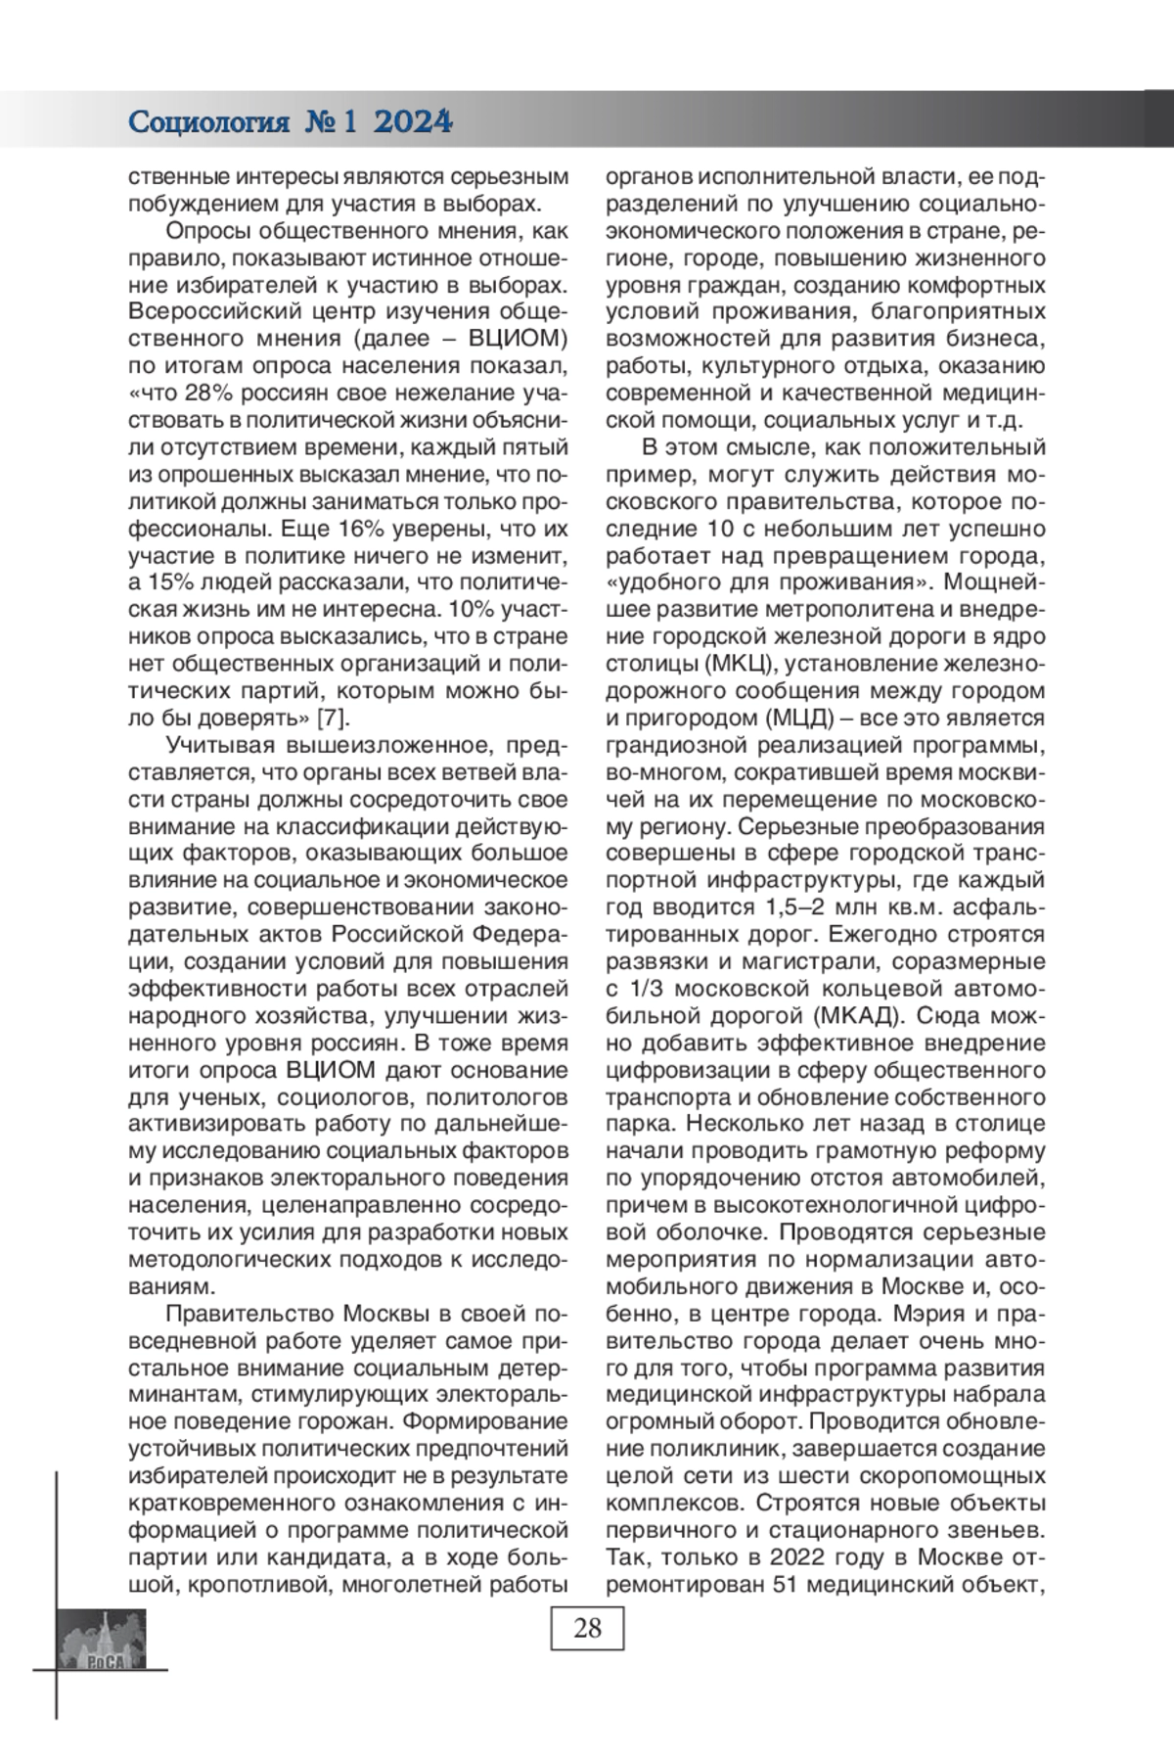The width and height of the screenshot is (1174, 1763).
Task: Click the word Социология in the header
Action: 209,123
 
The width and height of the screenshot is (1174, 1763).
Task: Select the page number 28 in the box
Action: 587,1628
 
